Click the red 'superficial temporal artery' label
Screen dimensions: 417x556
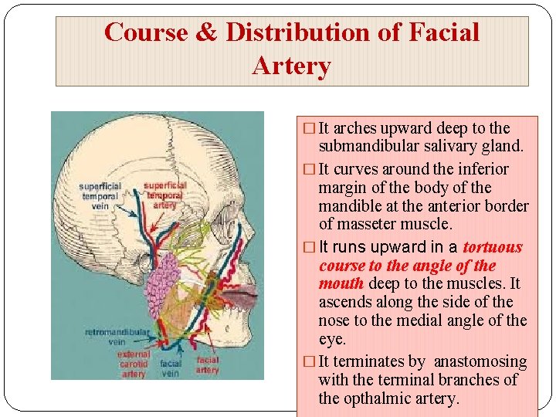click(x=164, y=195)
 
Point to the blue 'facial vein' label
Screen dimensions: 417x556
click(x=171, y=368)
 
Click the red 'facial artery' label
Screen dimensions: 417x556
click(x=207, y=364)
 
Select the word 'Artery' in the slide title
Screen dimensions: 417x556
click(x=291, y=66)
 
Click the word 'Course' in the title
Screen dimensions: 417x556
click(x=145, y=32)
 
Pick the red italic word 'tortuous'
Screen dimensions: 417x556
click(x=493, y=247)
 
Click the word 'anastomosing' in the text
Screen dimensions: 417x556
click(x=480, y=361)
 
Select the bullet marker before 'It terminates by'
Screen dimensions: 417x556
click(x=309, y=362)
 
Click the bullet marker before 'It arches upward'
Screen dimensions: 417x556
click(x=309, y=128)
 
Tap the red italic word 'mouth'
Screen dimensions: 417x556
click(x=341, y=283)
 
